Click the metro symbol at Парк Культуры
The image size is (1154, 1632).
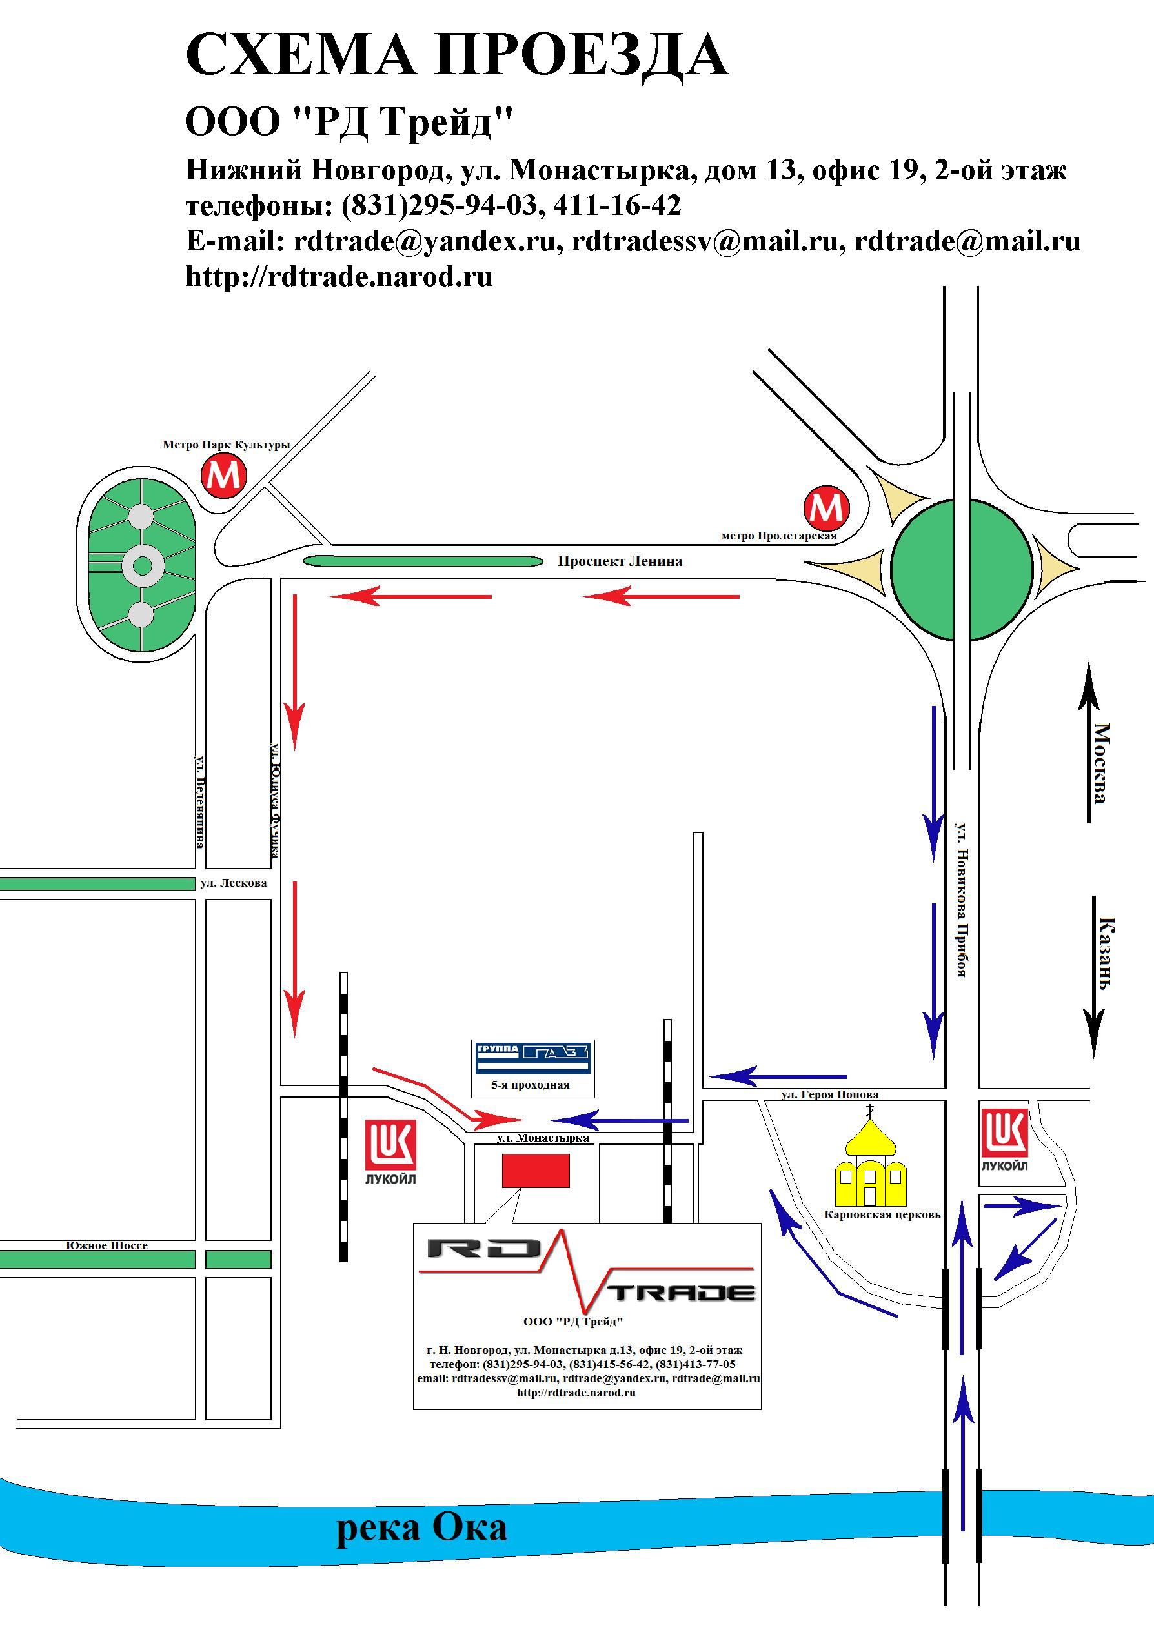click(x=224, y=475)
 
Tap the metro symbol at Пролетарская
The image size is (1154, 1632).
click(x=825, y=507)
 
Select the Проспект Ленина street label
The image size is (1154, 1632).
click(x=620, y=561)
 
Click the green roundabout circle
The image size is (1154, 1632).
click(x=961, y=569)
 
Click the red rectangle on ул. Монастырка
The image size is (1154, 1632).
click(x=536, y=1171)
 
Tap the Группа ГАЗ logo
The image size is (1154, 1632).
click(x=533, y=1058)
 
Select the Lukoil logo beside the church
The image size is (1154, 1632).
click(x=1005, y=1140)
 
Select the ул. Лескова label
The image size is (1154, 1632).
click(x=233, y=883)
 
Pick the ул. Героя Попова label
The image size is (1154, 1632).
click(x=830, y=1095)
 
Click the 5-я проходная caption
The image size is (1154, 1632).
click(x=531, y=1085)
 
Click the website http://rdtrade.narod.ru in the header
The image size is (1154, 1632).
click(x=339, y=276)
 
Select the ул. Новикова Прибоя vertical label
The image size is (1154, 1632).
click(x=961, y=900)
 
